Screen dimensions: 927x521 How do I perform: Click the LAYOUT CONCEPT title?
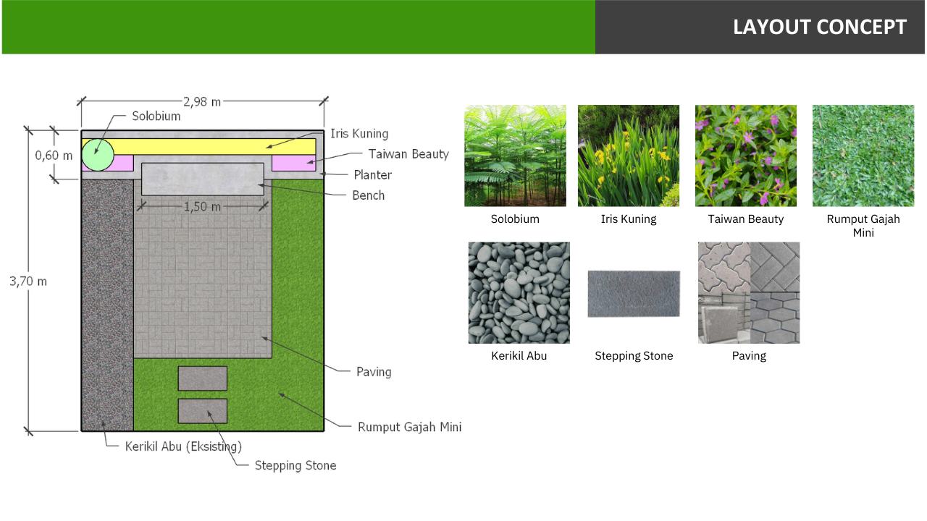[819, 27]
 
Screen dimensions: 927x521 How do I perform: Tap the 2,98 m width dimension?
[202, 102]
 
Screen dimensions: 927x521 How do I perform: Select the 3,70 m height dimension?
[28, 281]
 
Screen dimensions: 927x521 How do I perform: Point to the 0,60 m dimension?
[54, 156]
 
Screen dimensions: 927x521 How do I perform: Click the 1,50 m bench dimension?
[202, 207]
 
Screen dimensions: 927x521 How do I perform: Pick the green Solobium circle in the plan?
[98, 155]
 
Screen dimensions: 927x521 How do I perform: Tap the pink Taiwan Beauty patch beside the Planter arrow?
[294, 163]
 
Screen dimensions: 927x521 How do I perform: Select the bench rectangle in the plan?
[203, 179]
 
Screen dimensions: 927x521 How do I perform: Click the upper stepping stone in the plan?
[203, 378]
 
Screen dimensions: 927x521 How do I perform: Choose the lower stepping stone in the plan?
[203, 411]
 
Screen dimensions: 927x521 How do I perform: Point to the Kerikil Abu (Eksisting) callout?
[183, 447]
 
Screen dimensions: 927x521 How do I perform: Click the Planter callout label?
[372, 175]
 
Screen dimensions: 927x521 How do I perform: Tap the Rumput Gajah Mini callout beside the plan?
[409, 427]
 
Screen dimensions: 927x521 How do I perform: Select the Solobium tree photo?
[515, 156]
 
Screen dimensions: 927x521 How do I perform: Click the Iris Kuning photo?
[629, 156]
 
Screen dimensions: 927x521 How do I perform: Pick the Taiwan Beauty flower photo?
[746, 156]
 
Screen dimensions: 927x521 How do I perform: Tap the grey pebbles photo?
[519, 293]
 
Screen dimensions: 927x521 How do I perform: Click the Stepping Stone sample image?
[634, 294]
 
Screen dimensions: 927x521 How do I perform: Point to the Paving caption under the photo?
[749, 356]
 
